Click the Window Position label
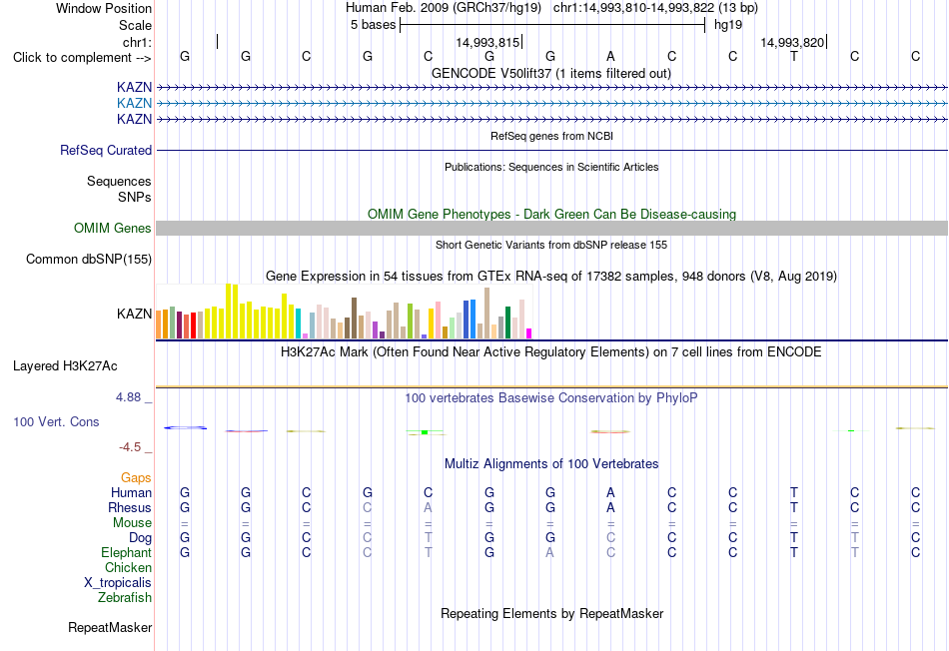click(104, 8)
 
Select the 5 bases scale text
click(373, 25)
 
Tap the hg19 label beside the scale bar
click(728, 25)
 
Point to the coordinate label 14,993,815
click(487, 42)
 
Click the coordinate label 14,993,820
click(792, 42)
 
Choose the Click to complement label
click(82, 58)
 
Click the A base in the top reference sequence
click(610, 56)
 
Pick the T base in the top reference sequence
click(793, 56)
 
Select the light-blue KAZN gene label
click(135, 103)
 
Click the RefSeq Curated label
click(106, 150)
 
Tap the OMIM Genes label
click(113, 228)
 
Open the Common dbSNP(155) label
click(89, 259)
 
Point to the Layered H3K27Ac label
click(65, 366)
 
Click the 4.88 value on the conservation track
click(128, 397)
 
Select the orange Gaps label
click(136, 478)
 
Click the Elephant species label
click(127, 553)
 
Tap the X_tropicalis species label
click(118, 583)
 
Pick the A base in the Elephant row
click(549, 552)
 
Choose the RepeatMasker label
click(110, 627)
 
